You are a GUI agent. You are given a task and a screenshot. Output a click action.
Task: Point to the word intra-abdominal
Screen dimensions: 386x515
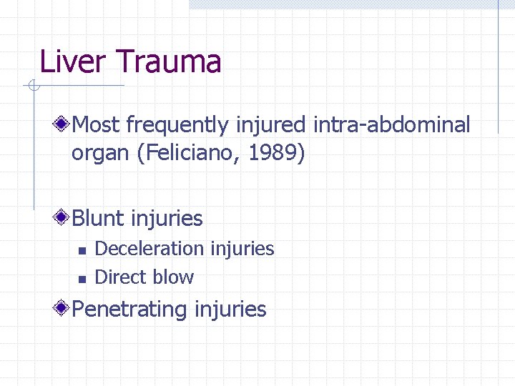pos(392,125)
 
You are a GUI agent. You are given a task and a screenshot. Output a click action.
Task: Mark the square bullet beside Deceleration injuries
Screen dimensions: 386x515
pos(81,250)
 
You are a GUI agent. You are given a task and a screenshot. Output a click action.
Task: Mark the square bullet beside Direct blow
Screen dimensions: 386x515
pos(81,278)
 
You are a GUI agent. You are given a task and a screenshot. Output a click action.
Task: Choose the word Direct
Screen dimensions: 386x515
pos(119,277)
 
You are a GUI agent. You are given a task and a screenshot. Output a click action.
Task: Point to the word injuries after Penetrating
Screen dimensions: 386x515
pos(230,310)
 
